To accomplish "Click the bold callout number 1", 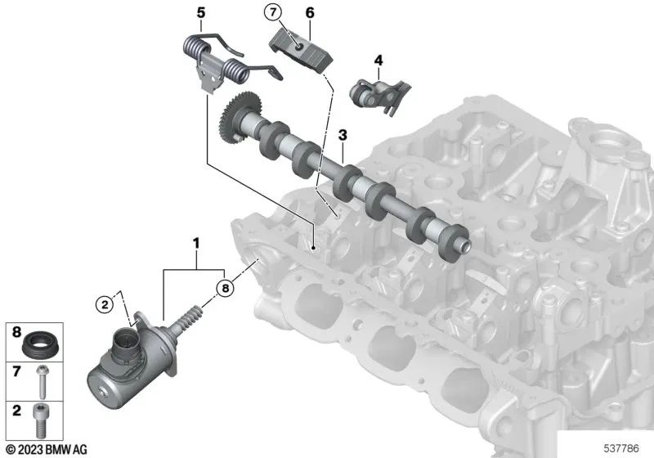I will [x=195, y=242].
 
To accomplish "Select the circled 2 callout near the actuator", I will [x=105, y=304].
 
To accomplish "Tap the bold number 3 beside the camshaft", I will [x=343, y=134].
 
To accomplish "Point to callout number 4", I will [x=379, y=60].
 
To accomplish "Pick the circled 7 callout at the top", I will [x=272, y=12].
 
